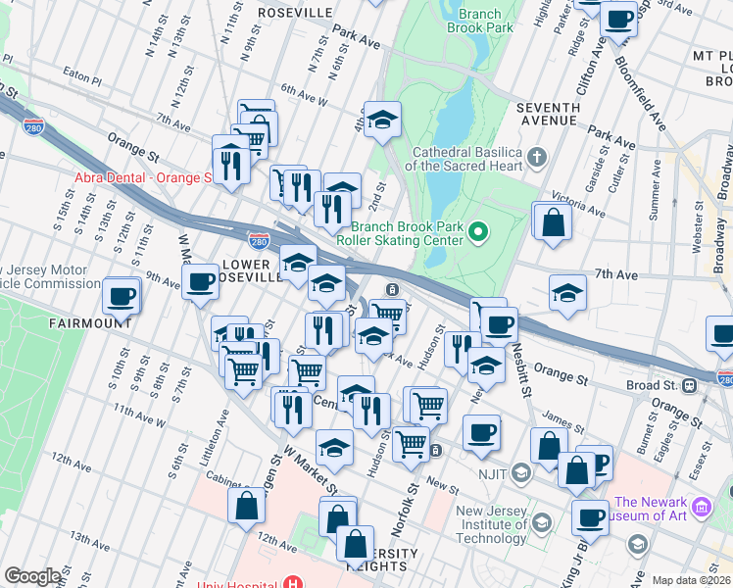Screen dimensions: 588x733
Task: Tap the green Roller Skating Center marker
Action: coord(478,231)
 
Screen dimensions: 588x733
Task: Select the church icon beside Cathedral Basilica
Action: coord(537,157)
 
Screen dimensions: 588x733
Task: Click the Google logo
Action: coord(32,576)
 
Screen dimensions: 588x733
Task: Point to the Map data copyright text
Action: coord(691,580)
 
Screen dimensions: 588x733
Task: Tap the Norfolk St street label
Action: coord(401,513)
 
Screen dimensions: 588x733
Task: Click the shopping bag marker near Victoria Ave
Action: coord(554,221)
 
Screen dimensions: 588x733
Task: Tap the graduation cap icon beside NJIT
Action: coord(520,473)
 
